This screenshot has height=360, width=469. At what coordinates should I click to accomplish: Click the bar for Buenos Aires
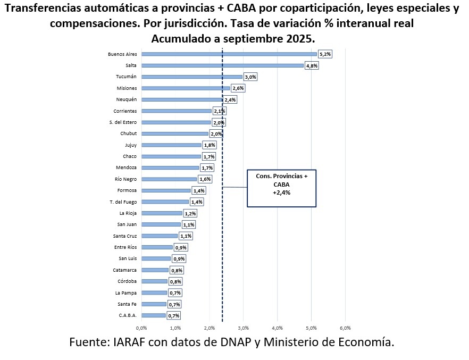click(x=229, y=54)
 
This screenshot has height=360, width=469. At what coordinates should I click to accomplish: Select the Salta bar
click(x=222, y=65)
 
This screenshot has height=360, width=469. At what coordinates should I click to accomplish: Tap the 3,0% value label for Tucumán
click(x=250, y=77)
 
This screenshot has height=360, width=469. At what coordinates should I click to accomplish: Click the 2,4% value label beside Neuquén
click(x=230, y=99)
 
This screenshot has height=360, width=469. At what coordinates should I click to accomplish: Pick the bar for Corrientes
click(x=176, y=111)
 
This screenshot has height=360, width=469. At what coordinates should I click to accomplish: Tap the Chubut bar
click(x=174, y=133)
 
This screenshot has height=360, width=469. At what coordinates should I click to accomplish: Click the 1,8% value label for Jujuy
click(x=209, y=145)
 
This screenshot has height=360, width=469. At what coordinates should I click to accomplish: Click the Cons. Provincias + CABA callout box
click(x=282, y=188)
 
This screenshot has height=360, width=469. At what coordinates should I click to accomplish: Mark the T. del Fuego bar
click(x=165, y=202)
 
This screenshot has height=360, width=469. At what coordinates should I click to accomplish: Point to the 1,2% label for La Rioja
click(x=190, y=213)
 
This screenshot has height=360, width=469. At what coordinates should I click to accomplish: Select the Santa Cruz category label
click(x=125, y=236)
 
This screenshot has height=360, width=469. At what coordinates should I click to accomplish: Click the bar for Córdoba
click(x=154, y=281)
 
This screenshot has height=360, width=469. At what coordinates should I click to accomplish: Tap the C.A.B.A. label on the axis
click(x=128, y=315)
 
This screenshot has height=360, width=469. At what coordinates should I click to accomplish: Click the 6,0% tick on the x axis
click(x=345, y=328)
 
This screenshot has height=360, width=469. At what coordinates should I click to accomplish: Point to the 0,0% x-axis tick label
click(x=141, y=328)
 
